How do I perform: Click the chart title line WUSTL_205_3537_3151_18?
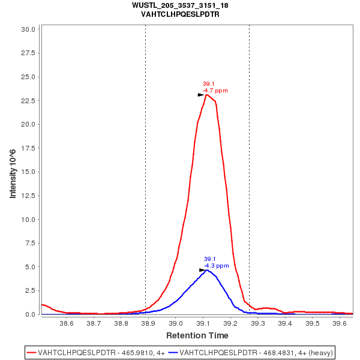click(180, 5)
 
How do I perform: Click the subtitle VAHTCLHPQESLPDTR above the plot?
click(180, 14)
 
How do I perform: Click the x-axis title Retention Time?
click(197, 335)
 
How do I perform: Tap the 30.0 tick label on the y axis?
click(30, 29)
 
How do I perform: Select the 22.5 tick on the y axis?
click(30, 100)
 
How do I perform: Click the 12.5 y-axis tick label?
click(30, 196)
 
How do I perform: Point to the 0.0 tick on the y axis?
click(32, 314)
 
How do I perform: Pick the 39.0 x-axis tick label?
click(175, 323)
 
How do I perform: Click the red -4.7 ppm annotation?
click(215, 91)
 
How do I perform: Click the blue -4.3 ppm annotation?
click(217, 266)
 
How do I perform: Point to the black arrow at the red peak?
click(201, 95)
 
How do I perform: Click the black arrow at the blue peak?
click(203, 270)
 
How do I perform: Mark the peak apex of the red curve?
click(206, 95)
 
